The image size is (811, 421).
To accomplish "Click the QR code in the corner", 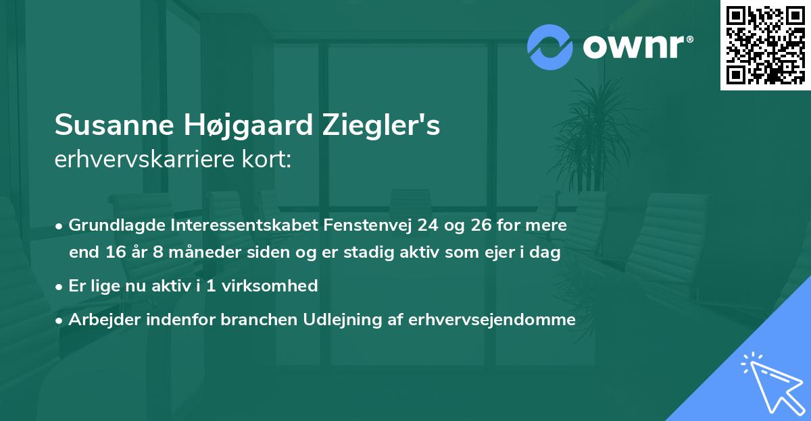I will (x=765, y=45).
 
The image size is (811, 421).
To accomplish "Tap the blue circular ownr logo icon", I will (x=549, y=47).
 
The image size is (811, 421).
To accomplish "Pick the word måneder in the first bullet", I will (x=201, y=253).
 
